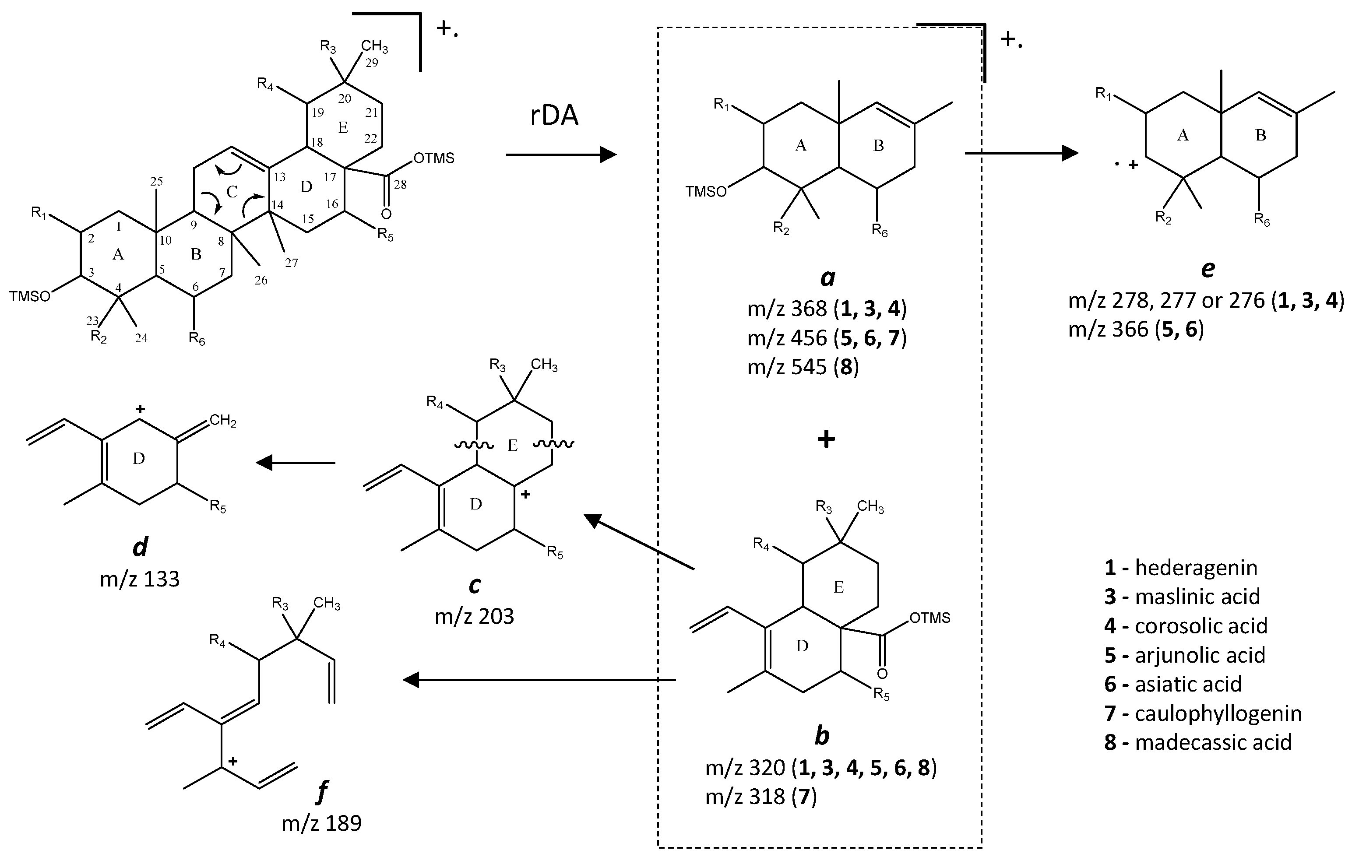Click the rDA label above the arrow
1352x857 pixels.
(x=554, y=116)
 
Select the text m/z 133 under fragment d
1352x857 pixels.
(x=140, y=579)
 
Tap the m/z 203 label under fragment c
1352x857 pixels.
(x=475, y=616)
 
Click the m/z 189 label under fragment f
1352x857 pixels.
(x=322, y=823)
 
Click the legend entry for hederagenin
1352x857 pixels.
(x=1181, y=567)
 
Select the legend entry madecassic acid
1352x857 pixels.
(x=1197, y=742)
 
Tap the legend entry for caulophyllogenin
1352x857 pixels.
(x=1203, y=713)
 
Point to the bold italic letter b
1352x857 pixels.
(x=822, y=736)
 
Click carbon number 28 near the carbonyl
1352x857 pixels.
(x=400, y=184)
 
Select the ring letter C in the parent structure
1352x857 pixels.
(x=232, y=193)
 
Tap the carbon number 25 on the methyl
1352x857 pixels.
(x=157, y=181)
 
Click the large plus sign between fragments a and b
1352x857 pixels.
(x=826, y=439)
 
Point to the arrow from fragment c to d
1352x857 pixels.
(x=296, y=463)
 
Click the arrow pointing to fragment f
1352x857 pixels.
(x=539, y=680)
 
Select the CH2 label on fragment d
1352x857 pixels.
(x=223, y=420)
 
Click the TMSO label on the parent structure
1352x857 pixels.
(x=29, y=296)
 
